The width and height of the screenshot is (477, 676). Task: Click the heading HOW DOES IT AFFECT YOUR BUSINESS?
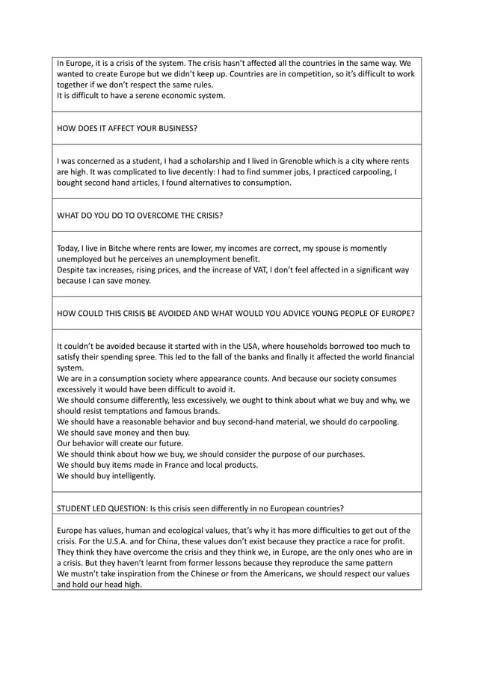(127, 128)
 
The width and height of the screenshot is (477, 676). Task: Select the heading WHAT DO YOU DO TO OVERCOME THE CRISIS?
(140, 215)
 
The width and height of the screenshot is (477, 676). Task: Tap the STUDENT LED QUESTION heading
(200, 508)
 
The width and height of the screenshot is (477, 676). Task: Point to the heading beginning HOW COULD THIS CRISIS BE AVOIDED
(236, 313)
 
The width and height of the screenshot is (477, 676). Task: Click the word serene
(138, 95)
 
